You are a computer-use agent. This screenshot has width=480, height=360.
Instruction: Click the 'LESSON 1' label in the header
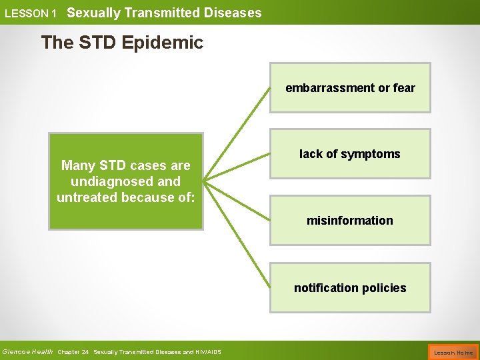coord(30,13)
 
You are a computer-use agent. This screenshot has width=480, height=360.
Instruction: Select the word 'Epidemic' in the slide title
coord(170,43)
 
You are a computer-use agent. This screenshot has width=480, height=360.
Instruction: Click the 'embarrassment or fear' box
coord(350,87)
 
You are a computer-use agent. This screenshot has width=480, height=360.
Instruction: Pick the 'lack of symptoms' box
coord(350,154)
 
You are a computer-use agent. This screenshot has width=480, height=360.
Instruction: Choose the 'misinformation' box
coord(350,220)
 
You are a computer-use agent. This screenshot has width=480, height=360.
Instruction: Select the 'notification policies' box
coord(350,287)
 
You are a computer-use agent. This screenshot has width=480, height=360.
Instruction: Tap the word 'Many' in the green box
coord(76,165)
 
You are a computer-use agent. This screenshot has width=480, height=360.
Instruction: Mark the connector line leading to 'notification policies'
coord(237,233)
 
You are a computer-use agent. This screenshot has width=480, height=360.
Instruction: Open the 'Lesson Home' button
coord(453,352)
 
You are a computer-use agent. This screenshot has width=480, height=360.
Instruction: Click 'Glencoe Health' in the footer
coord(27,352)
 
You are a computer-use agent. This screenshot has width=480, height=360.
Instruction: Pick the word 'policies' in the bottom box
coord(384,287)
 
